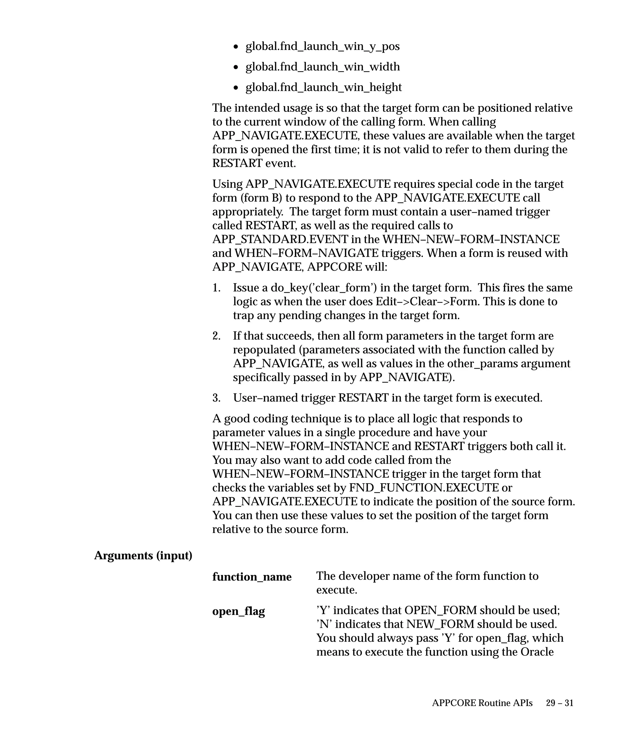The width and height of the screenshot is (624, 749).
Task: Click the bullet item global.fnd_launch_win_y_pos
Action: pyautogui.click(x=322, y=46)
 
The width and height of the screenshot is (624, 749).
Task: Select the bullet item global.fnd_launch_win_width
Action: pyautogui.click(x=322, y=67)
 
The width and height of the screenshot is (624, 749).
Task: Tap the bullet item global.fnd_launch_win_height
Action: pyautogui.click(x=323, y=87)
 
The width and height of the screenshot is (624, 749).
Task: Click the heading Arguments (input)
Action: pyautogui.click(x=143, y=555)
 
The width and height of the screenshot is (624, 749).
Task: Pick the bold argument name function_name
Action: pyautogui.click(x=252, y=577)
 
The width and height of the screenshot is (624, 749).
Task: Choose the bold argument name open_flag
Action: pyautogui.click(x=239, y=611)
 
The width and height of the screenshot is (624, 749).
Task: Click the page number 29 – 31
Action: pyautogui.click(x=559, y=703)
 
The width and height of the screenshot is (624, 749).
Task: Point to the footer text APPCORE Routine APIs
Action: pyautogui.click(x=482, y=703)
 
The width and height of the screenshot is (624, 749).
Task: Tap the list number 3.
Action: pyautogui.click(x=216, y=398)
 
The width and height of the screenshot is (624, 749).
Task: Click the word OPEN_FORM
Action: pyautogui.click(x=440, y=610)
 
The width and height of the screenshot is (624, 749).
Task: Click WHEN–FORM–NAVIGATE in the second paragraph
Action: pyautogui.click(x=306, y=253)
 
